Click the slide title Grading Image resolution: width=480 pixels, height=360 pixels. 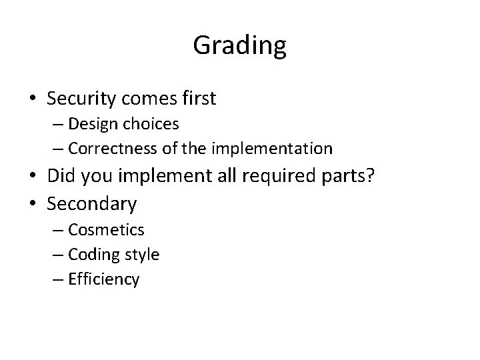240,46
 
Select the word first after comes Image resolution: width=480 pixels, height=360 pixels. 197,99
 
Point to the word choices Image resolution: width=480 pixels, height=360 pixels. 155,124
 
